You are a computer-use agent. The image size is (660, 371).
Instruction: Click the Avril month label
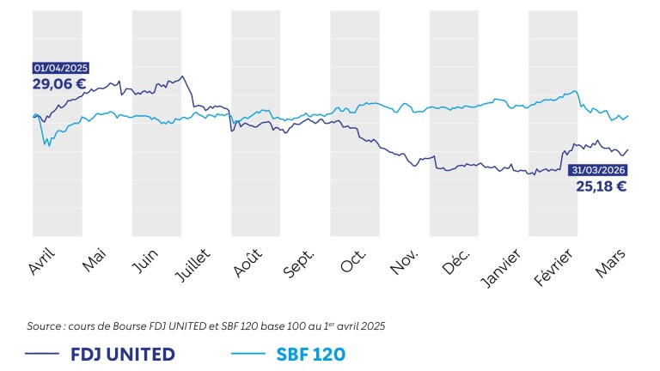(42, 258)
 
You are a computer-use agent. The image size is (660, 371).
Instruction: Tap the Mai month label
(94, 257)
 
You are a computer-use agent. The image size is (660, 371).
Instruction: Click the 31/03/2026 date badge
(598, 169)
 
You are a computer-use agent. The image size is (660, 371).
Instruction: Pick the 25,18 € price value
(601, 185)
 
